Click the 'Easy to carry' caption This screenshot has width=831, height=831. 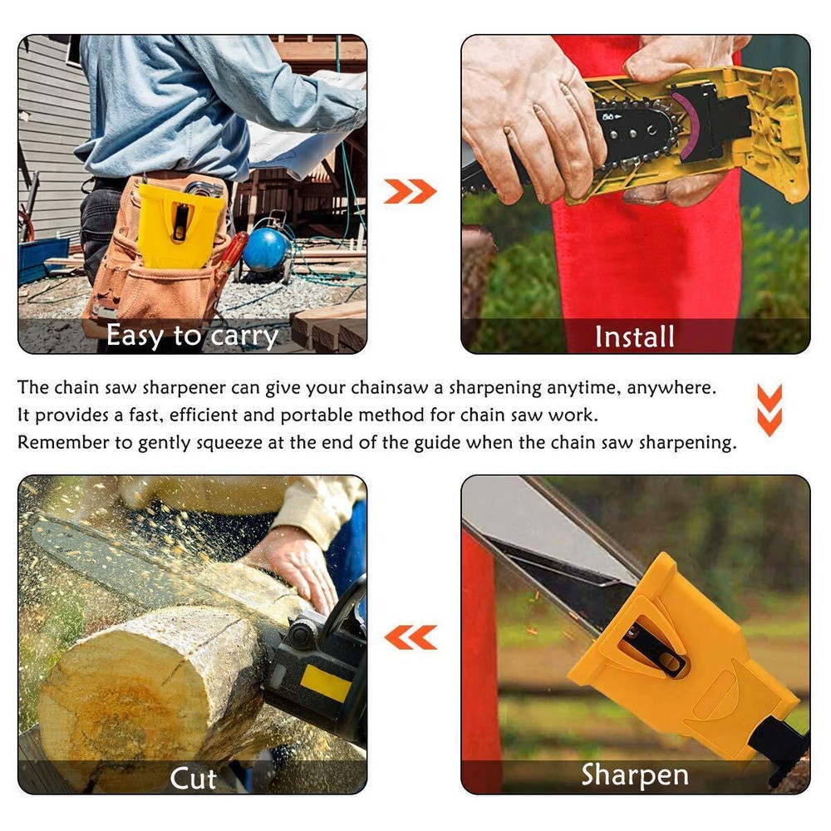pyautogui.click(x=192, y=336)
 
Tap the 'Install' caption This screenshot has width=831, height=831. pyautogui.click(x=635, y=337)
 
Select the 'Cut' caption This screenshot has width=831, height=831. pyautogui.click(x=193, y=779)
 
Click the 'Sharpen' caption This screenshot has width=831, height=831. pyautogui.click(x=635, y=774)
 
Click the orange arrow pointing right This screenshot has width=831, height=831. pyautogui.click(x=411, y=192)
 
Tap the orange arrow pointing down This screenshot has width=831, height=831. pyautogui.click(x=770, y=410)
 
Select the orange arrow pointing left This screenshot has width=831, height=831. pyautogui.click(x=411, y=637)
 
